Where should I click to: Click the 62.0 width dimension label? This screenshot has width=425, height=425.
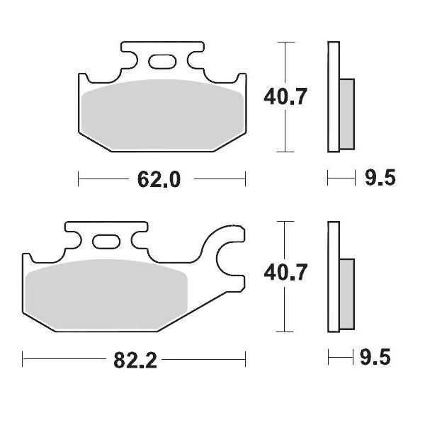(x=161, y=179)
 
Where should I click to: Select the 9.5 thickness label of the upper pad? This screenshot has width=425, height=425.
(x=379, y=179)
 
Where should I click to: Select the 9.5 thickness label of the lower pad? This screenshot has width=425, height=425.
(x=379, y=359)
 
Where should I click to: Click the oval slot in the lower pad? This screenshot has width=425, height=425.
(x=107, y=245)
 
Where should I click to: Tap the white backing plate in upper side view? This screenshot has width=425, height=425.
(x=333, y=97)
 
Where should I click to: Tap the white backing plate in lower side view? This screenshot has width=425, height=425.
(x=333, y=277)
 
